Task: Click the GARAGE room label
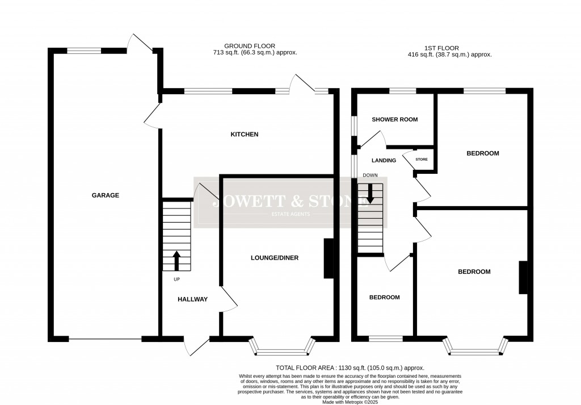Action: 106,195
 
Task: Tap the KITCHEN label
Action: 244,135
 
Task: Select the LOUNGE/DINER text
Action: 275,258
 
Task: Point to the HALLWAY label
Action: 192,299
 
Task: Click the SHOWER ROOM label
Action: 394,120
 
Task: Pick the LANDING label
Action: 384,160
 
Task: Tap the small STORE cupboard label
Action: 422,160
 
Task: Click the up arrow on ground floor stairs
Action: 176,261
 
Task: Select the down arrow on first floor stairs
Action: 370,194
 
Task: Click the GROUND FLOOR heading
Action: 250,46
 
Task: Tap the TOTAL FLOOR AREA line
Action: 350,368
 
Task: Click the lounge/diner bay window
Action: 282,348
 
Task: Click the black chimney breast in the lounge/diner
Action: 328,258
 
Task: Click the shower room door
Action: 372,139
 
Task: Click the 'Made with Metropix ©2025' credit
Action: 350,402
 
